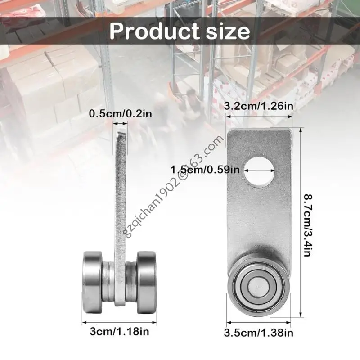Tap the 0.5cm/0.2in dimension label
(x=121, y=113)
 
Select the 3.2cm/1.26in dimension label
(x=260, y=106)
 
